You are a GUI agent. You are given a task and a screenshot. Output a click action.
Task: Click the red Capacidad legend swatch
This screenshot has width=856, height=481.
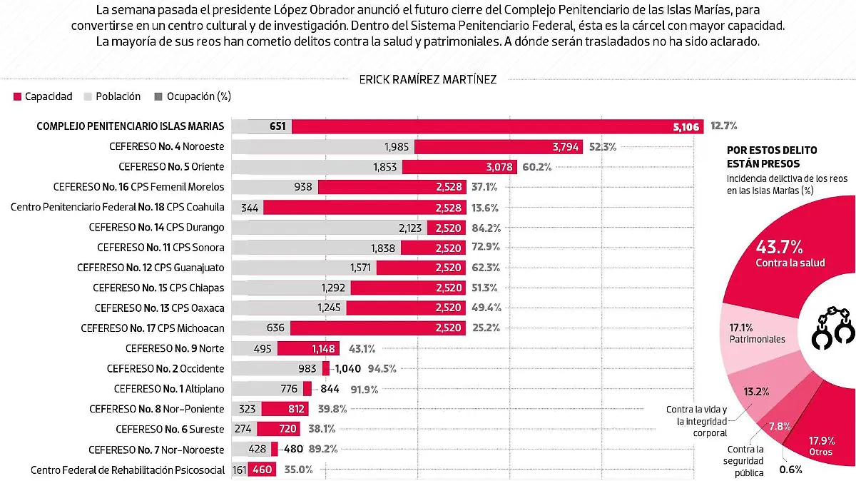(x=17, y=96)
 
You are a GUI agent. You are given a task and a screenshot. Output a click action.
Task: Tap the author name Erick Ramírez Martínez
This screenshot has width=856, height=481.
(x=428, y=79)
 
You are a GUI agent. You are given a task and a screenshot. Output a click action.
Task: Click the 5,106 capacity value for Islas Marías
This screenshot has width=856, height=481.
(x=687, y=126)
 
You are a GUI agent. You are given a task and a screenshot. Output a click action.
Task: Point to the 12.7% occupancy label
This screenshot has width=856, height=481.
(x=723, y=126)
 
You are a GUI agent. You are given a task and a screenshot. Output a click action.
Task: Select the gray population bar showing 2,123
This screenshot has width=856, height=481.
(x=328, y=228)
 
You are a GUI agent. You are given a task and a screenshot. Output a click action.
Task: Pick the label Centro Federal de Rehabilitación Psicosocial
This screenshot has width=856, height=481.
(x=128, y=470)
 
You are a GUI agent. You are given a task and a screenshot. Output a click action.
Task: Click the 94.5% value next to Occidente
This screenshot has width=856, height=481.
(x=382, y=369)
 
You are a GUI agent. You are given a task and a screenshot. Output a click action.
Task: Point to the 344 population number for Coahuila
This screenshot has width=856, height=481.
(x=250, y=207)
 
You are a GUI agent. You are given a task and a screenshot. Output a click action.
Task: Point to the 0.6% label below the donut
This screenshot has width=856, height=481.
(x=791, y=470)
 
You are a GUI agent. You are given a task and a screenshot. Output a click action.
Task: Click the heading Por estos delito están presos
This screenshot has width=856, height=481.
(x=772, y=156)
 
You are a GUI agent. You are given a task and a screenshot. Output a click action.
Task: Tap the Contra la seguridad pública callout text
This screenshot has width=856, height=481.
(x=745, y=461)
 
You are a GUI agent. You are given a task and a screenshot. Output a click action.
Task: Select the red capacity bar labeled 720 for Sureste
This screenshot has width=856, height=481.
(x=277, y=430)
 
